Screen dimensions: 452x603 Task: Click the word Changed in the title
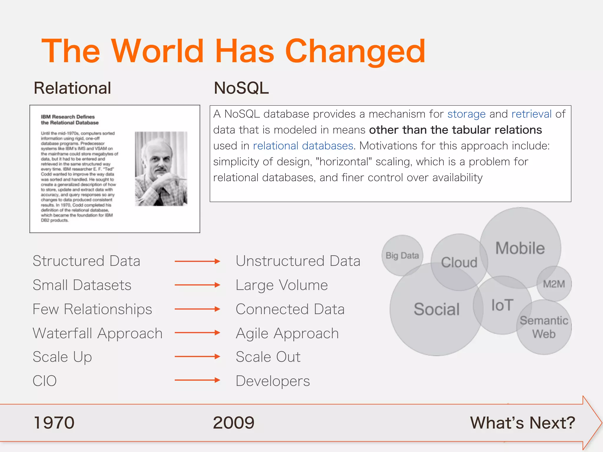355,51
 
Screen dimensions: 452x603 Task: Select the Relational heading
72,88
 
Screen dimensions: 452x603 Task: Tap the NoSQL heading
241,88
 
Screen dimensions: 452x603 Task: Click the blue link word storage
466,114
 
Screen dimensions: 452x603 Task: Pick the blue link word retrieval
531,114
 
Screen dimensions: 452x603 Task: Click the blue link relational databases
303,146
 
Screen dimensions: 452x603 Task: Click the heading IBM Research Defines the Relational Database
69,120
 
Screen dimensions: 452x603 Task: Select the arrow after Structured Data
197,261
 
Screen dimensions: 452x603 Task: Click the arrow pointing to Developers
197,380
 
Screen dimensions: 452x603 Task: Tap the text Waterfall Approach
97,333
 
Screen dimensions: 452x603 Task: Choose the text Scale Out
268,357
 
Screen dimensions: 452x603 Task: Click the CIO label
44,381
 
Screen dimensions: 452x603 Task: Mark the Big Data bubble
402,255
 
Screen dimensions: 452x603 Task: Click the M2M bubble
554,284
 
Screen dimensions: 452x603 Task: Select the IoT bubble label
502,305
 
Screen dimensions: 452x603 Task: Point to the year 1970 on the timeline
54,423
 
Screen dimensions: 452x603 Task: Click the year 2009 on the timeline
233,423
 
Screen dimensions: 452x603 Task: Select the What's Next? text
522,423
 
